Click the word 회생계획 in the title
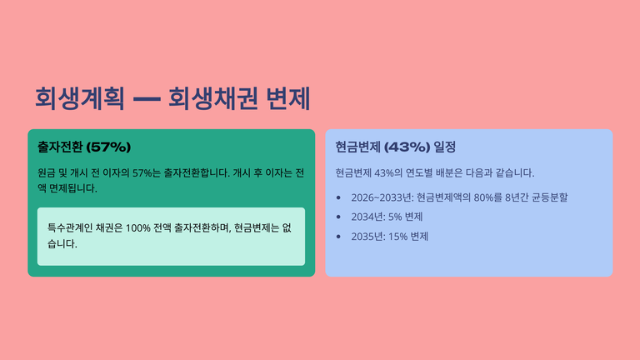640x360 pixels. [80, 98]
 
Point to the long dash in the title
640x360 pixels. [147, 99]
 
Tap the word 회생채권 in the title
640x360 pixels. [213, 98]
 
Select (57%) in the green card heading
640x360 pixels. [108, 147]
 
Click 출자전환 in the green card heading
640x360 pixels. [60, 147]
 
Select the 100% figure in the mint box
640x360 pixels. [138, 228]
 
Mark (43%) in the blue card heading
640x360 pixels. [407, 147]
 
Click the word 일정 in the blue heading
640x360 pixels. [445, 147]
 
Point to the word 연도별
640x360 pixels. [419, 173]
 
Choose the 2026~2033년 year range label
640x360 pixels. [382, 197]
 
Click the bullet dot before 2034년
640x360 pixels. [338, 217]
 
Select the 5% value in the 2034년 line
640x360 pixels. [395, 217]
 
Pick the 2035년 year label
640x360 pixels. [368, 237]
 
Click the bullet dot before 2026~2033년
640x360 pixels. [338, 197]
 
